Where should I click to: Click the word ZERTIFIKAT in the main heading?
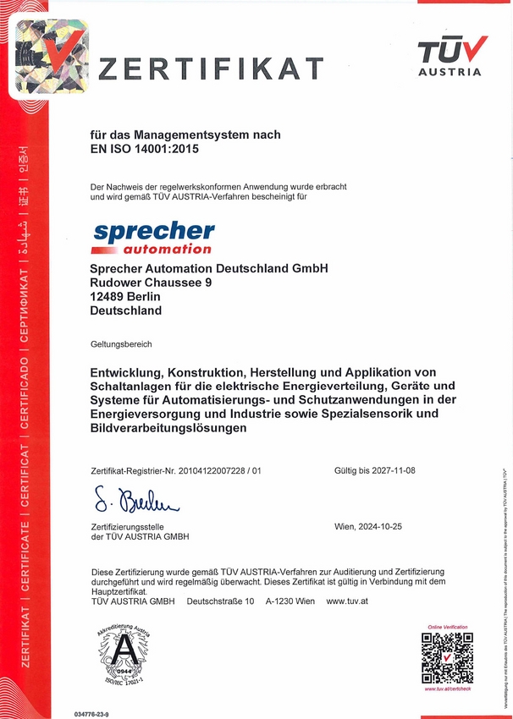[x=212, y=69]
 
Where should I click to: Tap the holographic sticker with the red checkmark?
[x=49, y=57]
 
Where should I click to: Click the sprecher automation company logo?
[x=153, y=238]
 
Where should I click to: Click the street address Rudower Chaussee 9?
[x=151, y=283]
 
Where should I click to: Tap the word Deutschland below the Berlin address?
[x=125, y=310]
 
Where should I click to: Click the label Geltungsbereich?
[x=121, y=345]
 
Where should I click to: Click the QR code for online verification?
[x=447, y=657]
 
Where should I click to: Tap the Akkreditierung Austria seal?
[x=124, y=656]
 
